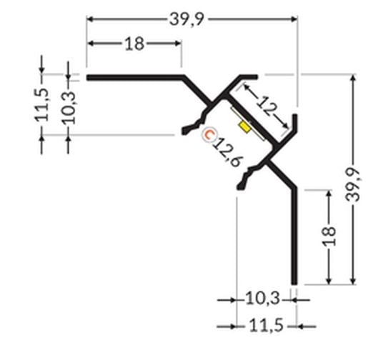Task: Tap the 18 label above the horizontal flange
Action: (134, 44)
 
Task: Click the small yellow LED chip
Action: (246, 126)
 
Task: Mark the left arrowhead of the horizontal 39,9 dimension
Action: (91, 19)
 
